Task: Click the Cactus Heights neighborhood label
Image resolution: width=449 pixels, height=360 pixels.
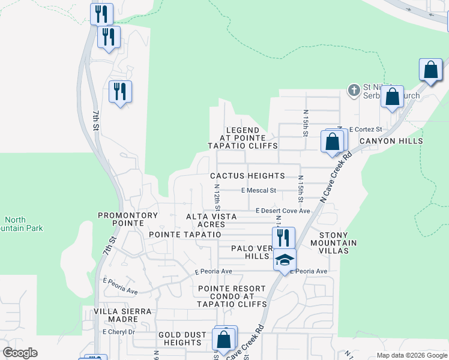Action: pos(247,176)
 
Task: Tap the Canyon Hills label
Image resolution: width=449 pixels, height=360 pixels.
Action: pos(391,141)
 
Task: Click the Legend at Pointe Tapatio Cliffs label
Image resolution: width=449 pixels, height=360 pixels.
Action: pos(243,138)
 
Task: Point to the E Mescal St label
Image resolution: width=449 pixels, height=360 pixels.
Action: pos(258,191)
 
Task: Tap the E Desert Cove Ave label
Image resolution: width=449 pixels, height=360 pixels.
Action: pos(283,211)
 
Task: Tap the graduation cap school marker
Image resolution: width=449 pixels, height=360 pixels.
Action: pos(285,260)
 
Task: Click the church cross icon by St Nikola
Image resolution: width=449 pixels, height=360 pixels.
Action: pos(354,90)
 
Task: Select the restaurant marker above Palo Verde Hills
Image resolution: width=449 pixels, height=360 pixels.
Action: pos(283,238)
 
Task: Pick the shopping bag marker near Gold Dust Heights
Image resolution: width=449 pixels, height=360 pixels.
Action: pos(224,339)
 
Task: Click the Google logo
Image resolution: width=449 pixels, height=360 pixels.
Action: pos(20,353)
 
